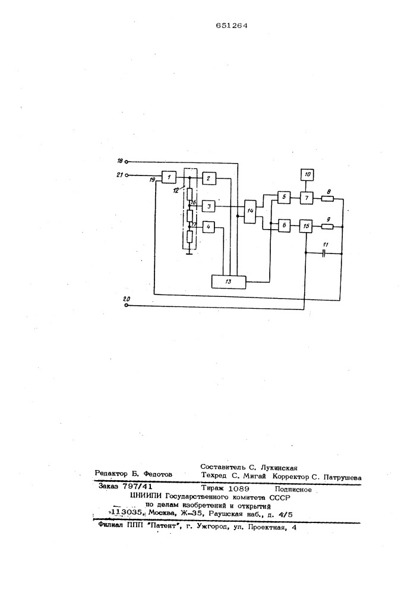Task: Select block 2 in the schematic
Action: [x=209, y=178]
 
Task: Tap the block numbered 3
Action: [x=209, y=206]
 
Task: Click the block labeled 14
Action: [x=250, y=211]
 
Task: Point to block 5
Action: [x=283, y=198]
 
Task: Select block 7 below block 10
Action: [x=307, y=198]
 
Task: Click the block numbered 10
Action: [x=307, y=174]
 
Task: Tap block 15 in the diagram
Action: [x=307, y=226]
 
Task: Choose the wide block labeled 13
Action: [x=228, y=281]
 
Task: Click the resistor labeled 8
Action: [x=327, y=198]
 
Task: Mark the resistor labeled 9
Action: [x=327, y=227]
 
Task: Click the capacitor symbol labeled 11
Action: [x=324, y=253]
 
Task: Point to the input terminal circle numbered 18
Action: [x=127, y=162]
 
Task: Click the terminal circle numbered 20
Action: [x=127, y=305]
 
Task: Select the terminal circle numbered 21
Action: [x=127, y=176]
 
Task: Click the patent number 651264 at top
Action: [x=232, y=26]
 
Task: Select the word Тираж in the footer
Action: [x=213, y=488]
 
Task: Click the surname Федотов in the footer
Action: [x=157, y=474]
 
